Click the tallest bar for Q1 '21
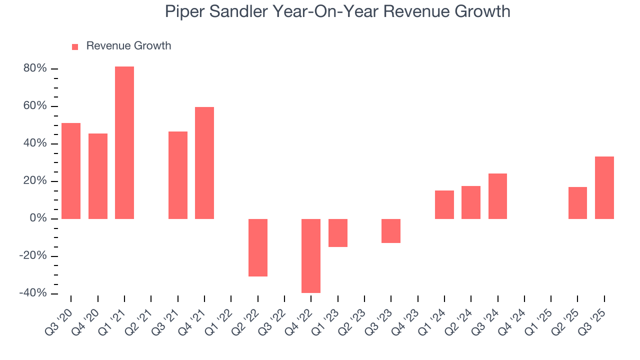pyautogui.click(x=124, y=142)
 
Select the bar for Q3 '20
pyautogui.click(x=71, y=171)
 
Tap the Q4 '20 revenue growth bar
pyautogui.click(x=98, y=176)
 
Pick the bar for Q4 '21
pyautogui.click(x=204, y=163)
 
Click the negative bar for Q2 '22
pyautogui.click(x=258, y=247)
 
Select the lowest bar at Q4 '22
pyautogui.click(x=311, y=256)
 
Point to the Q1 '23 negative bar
pyautogui.click(x=338, y=233)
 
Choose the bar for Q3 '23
pyautogui.click(x=391, y=231)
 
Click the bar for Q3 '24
pyautogui.click(x=497, y=196)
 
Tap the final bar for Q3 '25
pyautogui.click(x=604, y=187)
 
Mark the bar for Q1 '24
pyautogui.click(x=444, y=204)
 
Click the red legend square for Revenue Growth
pyautogui.click(x=75, y=47)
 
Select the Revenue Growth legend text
pyautogui.click(x=128, y=46)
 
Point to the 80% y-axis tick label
pyautogui.click(x=35, y=68)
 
